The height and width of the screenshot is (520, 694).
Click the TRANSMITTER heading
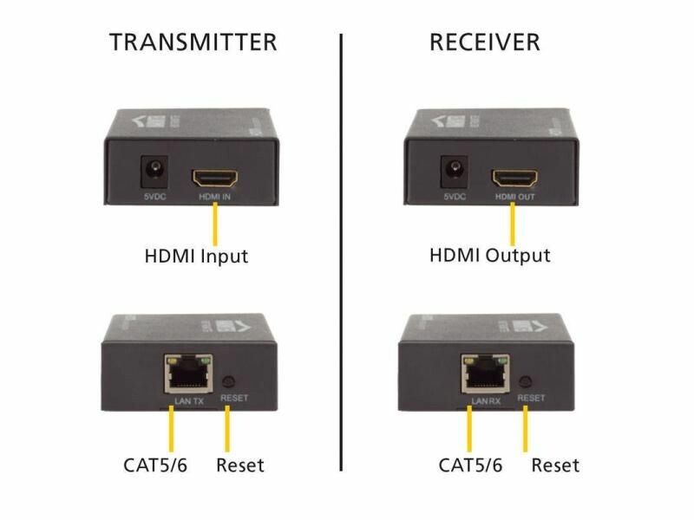(x=193, y=42)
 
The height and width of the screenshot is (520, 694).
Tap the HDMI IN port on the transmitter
(x=214, y=179)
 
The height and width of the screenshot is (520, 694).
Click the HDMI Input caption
(x=195, y=257)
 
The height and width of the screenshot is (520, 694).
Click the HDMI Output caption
(x=490, y=256)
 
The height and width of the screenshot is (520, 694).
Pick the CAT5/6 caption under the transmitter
(x=155, y=465)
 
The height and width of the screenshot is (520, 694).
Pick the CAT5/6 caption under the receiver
(x=470, y=465)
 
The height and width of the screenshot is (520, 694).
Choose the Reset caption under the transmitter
(x=239, y=465)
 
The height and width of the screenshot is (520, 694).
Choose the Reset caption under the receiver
(x=555, y=465)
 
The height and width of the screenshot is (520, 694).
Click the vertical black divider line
(x=341, y=260)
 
